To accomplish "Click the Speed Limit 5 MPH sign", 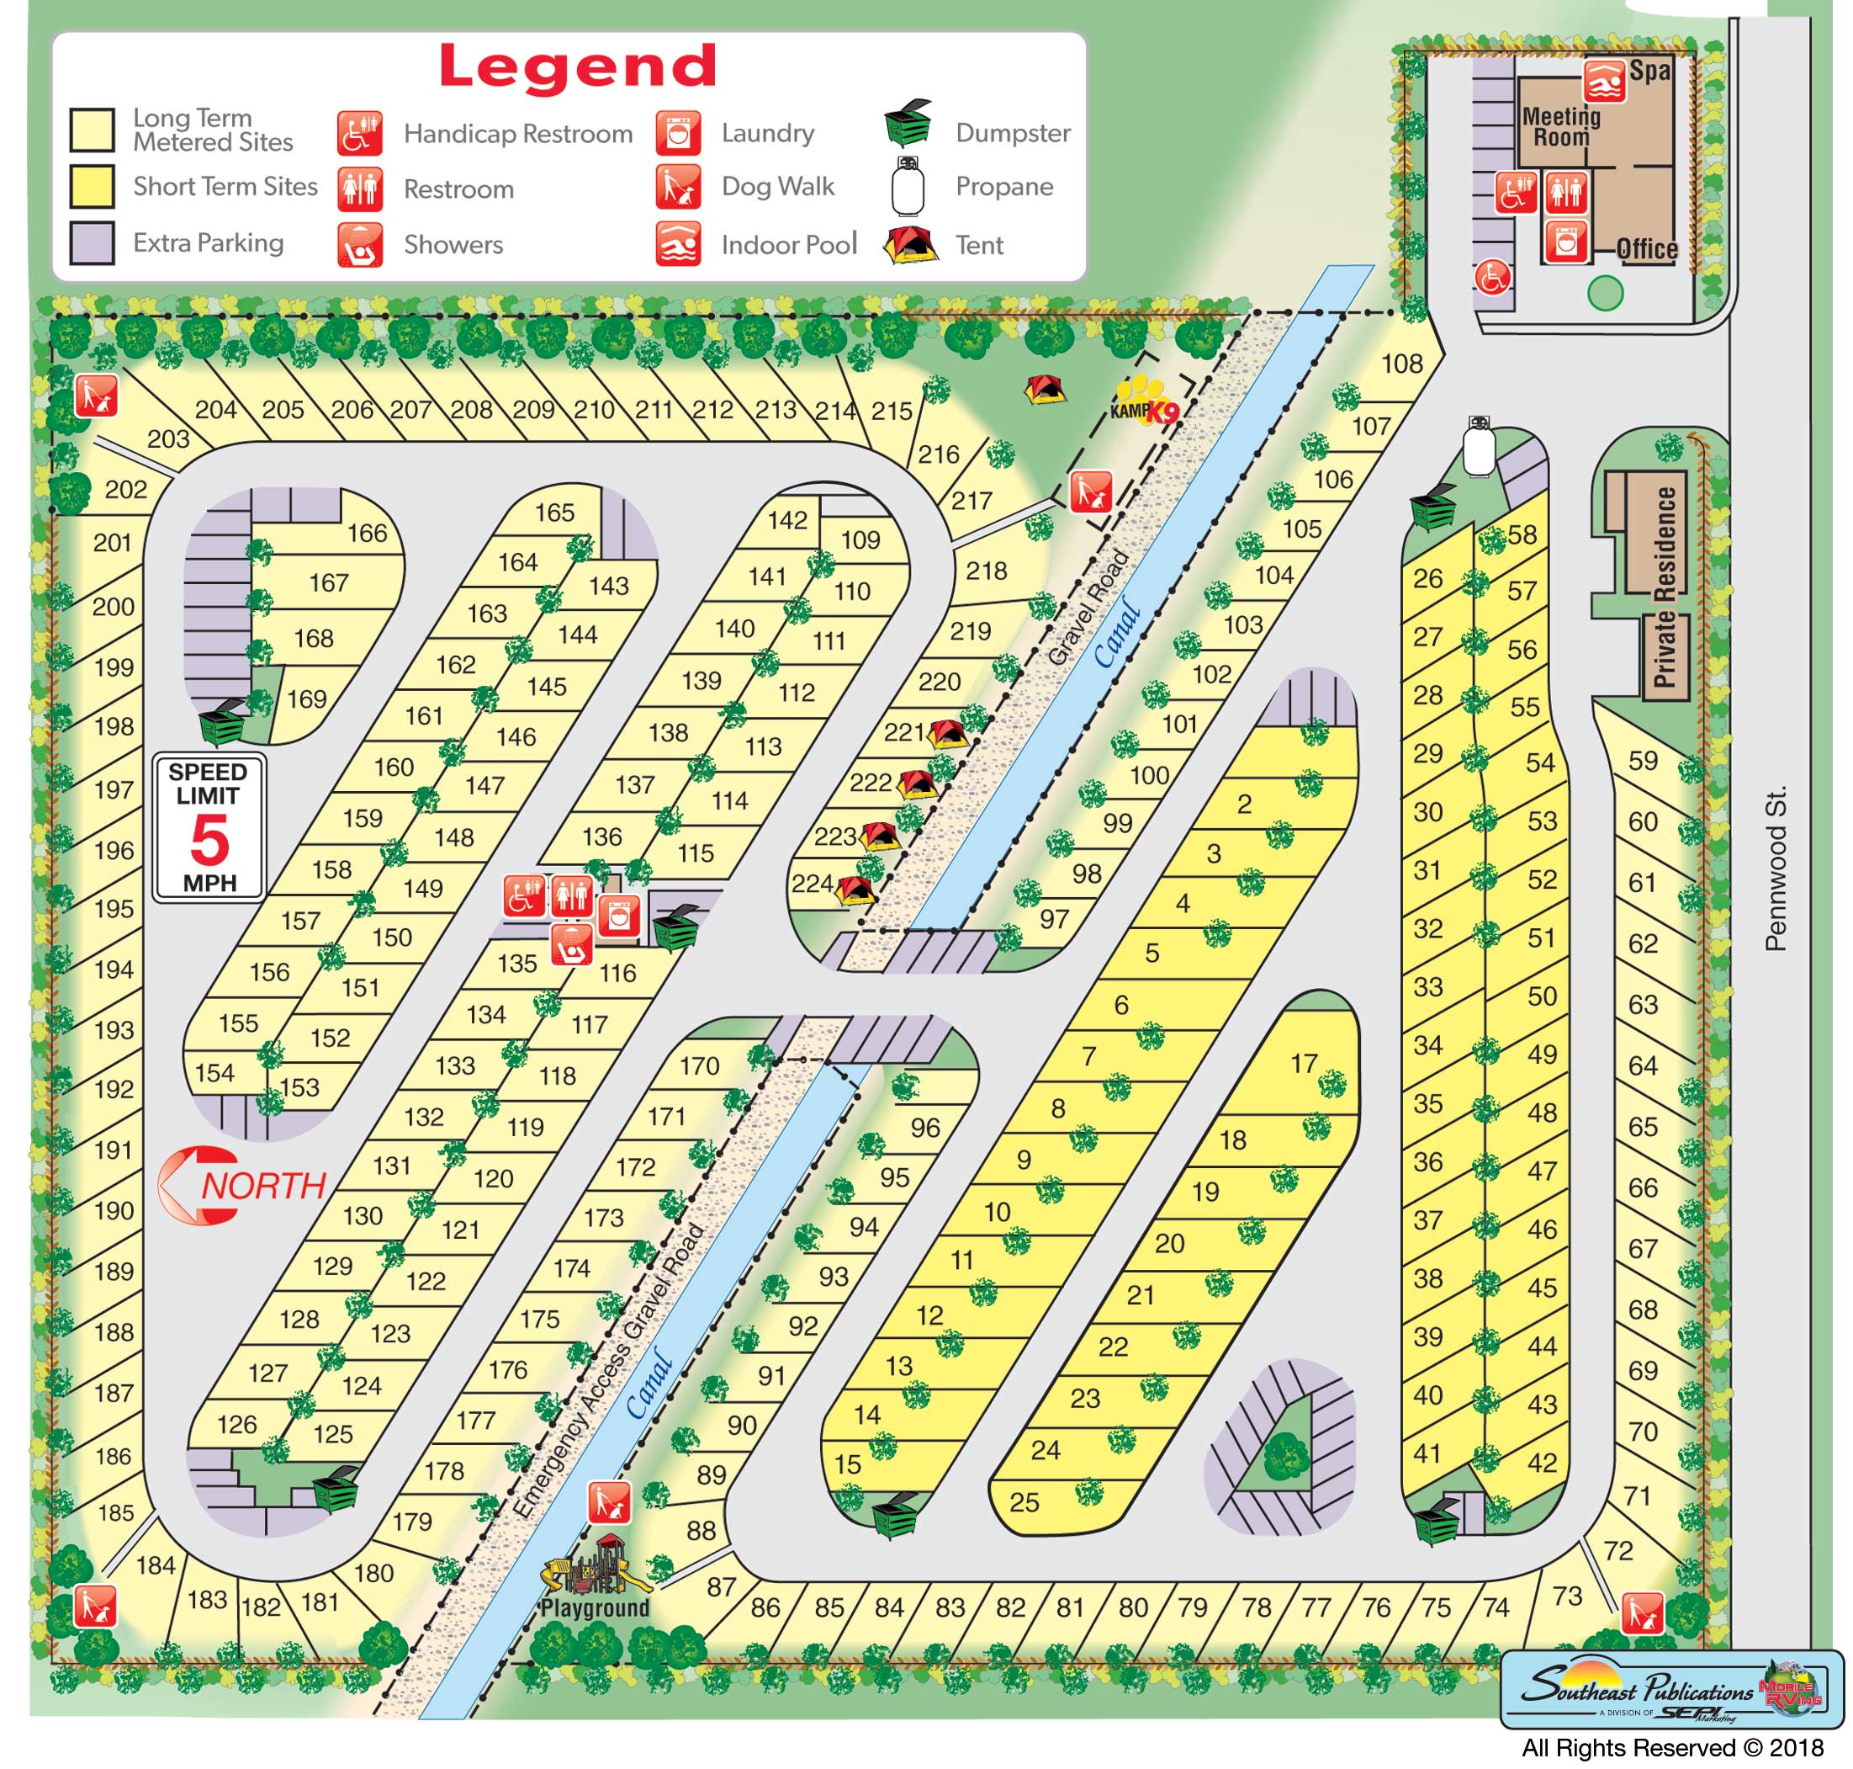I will [x=209, y=827].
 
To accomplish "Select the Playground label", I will [x=595, y=1607].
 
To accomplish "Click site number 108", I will [x=1401, y=363].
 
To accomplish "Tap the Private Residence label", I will [x=1665, y=587].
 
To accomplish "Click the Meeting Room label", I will [x=1561, y=126].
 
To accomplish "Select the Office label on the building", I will [x=1647, y=249].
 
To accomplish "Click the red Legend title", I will [x=578, y=67].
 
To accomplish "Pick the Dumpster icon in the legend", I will [x=908, y=124].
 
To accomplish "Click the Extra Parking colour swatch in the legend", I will [x=93, y=242].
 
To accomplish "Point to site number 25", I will [x=1024, y=1502].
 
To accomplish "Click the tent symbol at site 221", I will [x=946, y=733].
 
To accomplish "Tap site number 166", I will [x=367, y=533].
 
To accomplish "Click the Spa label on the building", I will [x=1649, y=71].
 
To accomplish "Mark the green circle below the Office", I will [x=1604, y=293].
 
